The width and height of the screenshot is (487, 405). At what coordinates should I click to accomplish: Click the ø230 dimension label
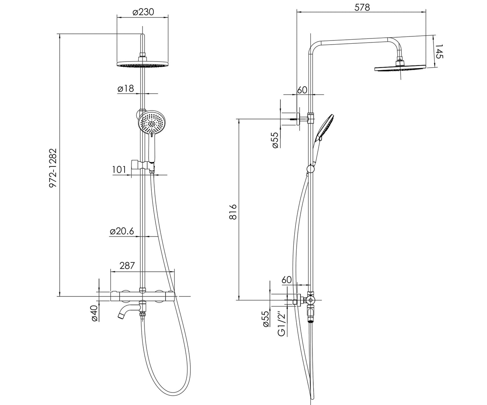point(143,12)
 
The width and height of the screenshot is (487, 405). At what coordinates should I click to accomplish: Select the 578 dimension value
point(362,7)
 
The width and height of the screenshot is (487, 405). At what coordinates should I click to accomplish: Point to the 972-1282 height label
point(53,168)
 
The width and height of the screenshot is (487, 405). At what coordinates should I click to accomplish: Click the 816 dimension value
point(233,212)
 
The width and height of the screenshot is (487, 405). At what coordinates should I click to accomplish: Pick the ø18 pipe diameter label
point(126,88)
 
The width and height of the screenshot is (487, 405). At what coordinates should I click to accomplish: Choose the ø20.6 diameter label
point(122,231)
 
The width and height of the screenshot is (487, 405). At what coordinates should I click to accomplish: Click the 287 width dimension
point(127,266)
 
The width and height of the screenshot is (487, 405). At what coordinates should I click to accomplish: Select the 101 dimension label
point(119,170)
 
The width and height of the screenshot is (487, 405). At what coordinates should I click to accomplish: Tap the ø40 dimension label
point(94,313)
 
